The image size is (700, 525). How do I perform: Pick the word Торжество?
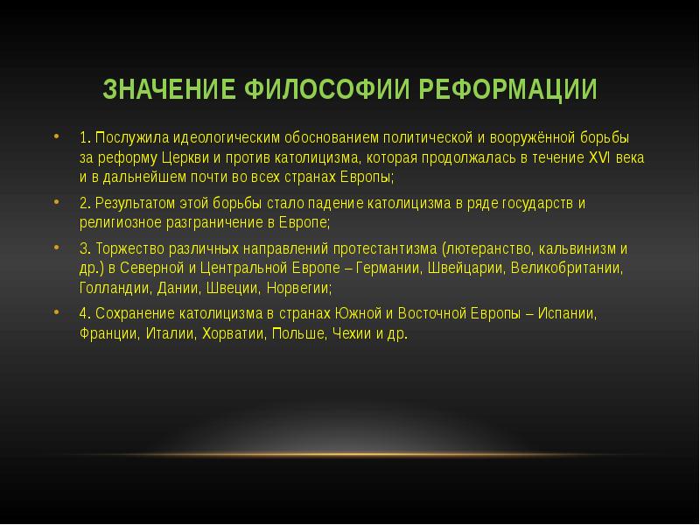[x=127, y=248]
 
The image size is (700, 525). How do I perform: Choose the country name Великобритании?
[x=568, y=267]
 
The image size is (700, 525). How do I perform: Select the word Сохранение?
[x=131, y=312]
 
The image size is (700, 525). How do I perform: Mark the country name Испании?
[x=571, y=312]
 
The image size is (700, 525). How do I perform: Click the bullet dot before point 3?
[x=57, y=247]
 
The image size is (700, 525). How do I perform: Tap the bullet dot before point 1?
[x=57, y=137]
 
